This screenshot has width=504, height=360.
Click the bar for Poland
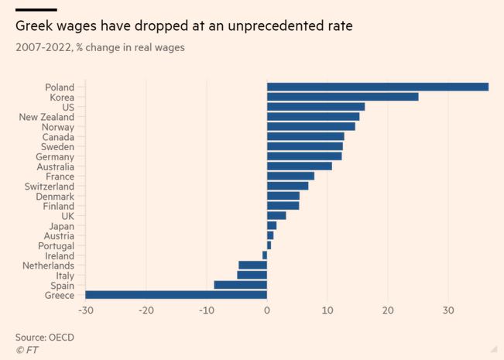point(378,87)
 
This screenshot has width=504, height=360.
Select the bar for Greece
point(176,295)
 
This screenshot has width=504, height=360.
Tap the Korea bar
point(342,97)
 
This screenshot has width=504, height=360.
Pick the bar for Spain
point(240,285)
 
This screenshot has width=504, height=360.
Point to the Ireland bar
point(265,255)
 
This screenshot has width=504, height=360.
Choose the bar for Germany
point(304,156)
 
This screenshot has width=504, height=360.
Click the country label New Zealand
point(46,117)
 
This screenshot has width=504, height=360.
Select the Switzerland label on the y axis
point(50,187)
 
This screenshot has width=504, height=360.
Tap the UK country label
point(67,216)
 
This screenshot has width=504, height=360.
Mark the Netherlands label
point(48,266)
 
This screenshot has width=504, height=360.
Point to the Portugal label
point(56,245)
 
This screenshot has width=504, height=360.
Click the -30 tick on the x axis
point(85,310)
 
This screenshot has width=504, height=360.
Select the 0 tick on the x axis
point(267,310)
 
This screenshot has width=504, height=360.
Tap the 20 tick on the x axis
point(388,310)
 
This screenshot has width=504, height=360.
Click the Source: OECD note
point(45,338)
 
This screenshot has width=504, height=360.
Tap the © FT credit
point(26,350)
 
